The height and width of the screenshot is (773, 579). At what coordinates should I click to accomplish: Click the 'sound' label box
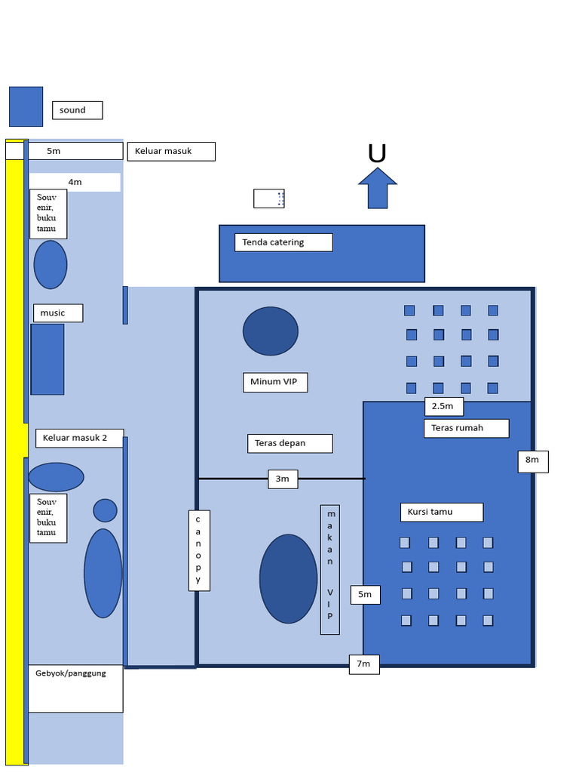click(77, 110)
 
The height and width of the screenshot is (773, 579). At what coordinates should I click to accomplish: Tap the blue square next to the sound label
click(26, 106)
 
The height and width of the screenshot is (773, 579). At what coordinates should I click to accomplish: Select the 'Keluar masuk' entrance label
click(171, 151)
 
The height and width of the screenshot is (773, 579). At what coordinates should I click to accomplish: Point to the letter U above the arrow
click(377, 154)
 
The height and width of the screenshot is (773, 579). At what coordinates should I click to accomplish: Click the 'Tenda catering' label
click(283, 242)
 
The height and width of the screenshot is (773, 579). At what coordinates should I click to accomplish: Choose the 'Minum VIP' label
click(274, 382)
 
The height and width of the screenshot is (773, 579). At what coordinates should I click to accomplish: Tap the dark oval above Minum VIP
click(271, 331)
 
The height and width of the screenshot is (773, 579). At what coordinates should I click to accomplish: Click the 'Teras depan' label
click(289, 443)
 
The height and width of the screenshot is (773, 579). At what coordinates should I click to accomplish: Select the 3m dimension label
click(283, 479)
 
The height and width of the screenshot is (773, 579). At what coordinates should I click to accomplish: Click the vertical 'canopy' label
click(199, 550)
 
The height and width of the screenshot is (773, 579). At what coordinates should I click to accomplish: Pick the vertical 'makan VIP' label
click(329, 569)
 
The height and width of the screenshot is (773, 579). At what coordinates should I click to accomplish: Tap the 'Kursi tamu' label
click(441, 512)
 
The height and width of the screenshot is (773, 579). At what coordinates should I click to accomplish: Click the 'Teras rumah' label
click(466, 428)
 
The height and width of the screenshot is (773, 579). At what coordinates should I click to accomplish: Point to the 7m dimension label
click(363, 664)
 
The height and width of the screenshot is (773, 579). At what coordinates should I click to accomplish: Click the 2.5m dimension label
click(443, 406)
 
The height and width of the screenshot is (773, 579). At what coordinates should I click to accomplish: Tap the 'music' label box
click(58, 313)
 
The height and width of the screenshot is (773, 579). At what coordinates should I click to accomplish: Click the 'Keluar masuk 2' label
click(79, 438)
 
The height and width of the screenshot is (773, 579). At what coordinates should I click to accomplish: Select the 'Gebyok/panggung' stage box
click(75, 688)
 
